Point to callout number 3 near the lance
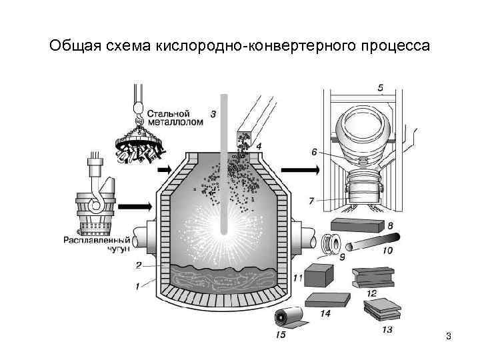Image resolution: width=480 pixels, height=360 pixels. [x=213, y=114]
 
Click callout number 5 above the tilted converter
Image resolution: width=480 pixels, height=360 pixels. [x=380, y=87]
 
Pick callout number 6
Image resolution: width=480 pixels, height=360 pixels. [x=315, y=152]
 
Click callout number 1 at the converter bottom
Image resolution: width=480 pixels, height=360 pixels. [x=139, y=287]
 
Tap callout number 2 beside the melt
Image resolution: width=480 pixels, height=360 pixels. [x=139, y=265]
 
